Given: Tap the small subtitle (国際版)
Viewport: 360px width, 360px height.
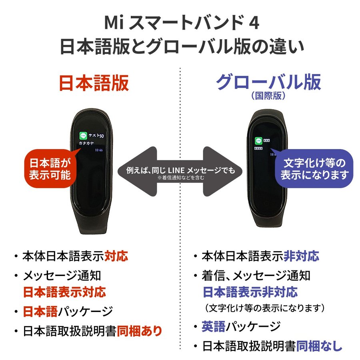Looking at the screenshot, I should click(x=268, y=96).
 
